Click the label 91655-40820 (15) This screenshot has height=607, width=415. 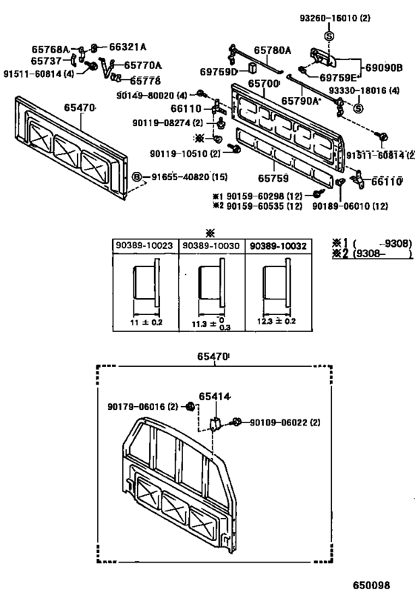pyautogui.click(x=186, y=178)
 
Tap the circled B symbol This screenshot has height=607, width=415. pyautogui.click(x=136, y=178)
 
